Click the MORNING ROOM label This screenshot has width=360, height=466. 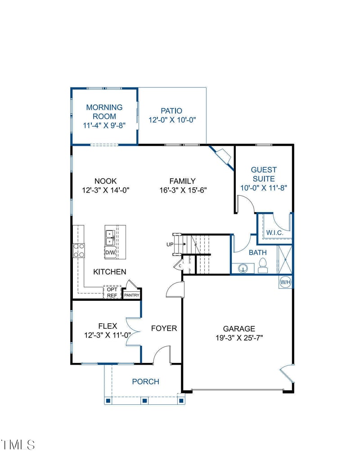pyautogui.click(x=104, y=112)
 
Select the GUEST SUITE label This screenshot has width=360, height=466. pyautogui.click(x=264, y=174)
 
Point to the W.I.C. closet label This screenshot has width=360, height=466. pyautogui.click(x=274, y=232)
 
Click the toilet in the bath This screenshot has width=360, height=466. pyautogui.click(x=264, y=266)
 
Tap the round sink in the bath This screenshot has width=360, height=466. pyautogui.click(x=243, y=268)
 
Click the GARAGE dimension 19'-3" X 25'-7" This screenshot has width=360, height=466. pyautogui.click(x=239, y=338)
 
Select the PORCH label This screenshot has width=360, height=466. pyautogui.click(x=145, y=382)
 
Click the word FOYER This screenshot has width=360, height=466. pyautogui.click(x=164, y=328)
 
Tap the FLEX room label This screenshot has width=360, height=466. pyautogui.click(x=108, y=326)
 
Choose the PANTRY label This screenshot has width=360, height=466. pyautogui.click(x=132, y=295)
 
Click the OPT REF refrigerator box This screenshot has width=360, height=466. pyautogui.click(x=112, y=292)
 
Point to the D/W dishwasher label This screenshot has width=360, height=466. pyautogui.click(x=110, y=253)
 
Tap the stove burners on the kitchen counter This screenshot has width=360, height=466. pyautogui.click(x=79, y=250)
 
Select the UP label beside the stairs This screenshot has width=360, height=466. pyautogui.click(x=170, y=244)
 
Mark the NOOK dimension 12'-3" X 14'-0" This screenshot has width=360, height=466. pyautogui.click(x=106, y=190)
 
